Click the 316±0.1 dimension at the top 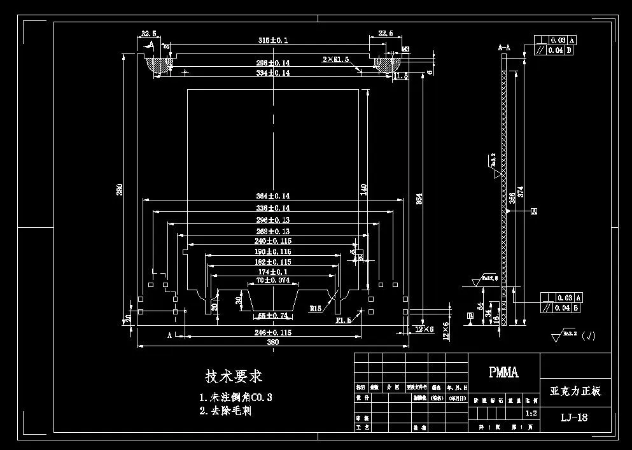273,40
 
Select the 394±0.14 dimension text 273,73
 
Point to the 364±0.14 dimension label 273,196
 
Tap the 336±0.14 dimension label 273,208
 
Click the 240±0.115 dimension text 273,241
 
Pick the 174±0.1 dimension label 273,272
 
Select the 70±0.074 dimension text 273,280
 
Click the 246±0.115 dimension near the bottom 273,332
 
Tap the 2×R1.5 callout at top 336,59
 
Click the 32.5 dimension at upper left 148,34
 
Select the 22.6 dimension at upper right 386,34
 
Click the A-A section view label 504,47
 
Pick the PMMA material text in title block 503,372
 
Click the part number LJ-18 574,418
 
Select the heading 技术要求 234,376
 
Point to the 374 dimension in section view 521,192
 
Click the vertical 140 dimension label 364,190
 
